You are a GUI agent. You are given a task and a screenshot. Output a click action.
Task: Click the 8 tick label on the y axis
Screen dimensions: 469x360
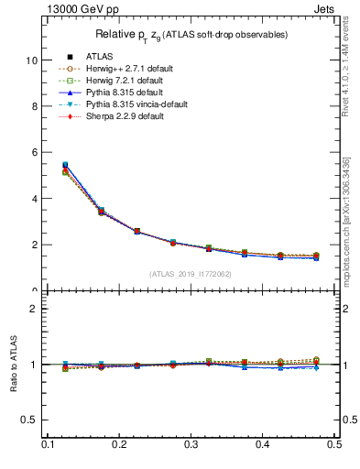[34, 106]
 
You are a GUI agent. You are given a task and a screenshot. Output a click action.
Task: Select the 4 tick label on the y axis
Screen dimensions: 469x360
[34, 199]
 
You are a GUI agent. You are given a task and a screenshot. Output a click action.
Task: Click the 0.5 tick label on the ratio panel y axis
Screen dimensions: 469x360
[29, 420]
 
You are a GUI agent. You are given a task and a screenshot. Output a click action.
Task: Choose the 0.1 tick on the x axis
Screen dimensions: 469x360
[48, 444]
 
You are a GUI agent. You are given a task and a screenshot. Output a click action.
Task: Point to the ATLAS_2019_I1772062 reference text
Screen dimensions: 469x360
[191, 274]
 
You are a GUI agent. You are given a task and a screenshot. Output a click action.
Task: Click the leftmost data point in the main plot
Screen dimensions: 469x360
[65, 167]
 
